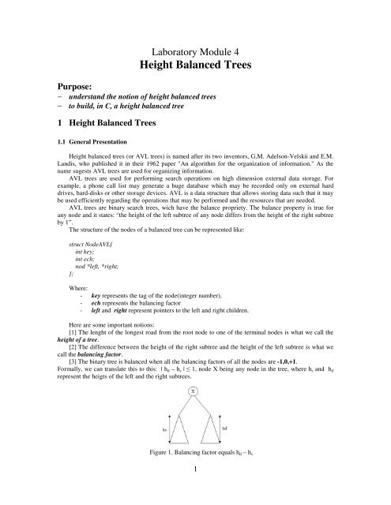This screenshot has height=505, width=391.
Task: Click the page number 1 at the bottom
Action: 195,490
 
